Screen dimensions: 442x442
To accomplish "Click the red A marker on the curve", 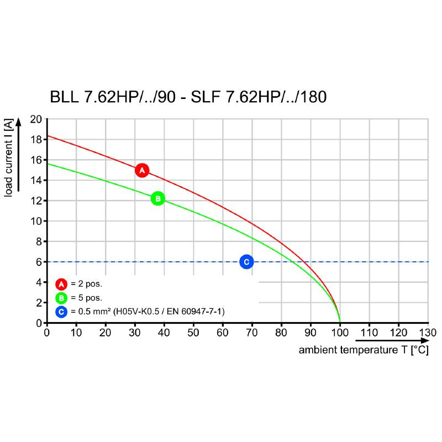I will point(142,170).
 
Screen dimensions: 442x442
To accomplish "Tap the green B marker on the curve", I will point(157,198).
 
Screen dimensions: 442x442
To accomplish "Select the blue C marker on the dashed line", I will point(246,261).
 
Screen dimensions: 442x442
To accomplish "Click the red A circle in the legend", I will point(61,284).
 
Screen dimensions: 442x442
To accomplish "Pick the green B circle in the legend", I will point(61,298).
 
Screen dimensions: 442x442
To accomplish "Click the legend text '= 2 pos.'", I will point(87,284).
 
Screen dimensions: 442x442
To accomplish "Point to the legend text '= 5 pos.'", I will point(87,298).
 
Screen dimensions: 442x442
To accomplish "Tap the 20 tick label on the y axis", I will point(36,119).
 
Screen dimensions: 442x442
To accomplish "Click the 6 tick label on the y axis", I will point(39,262).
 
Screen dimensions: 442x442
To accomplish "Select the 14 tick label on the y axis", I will point(36,180).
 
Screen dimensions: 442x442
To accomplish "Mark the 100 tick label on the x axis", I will point(340,333).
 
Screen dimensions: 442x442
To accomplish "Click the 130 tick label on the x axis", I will point(428,333).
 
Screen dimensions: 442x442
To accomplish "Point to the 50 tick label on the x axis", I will point(193,333).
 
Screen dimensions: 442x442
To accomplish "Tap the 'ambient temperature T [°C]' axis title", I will point(363,351).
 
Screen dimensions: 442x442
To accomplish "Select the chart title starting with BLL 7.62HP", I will point(188,97).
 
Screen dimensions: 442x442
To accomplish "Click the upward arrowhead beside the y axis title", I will point(18,122).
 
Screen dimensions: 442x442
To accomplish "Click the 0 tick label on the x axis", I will point(47,333).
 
